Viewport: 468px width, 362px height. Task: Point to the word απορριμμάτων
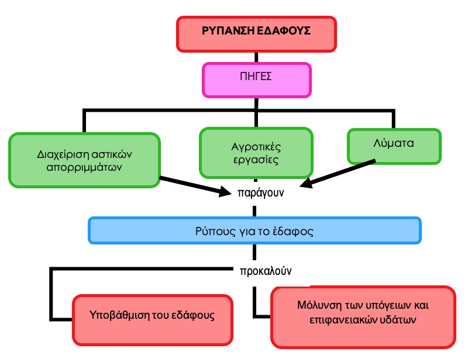tap(84, 167)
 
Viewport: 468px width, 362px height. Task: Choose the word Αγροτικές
tap(256, 147)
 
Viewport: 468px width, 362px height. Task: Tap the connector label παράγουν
tap(261, 192)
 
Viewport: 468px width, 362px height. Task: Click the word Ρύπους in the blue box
tap(211, 230)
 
